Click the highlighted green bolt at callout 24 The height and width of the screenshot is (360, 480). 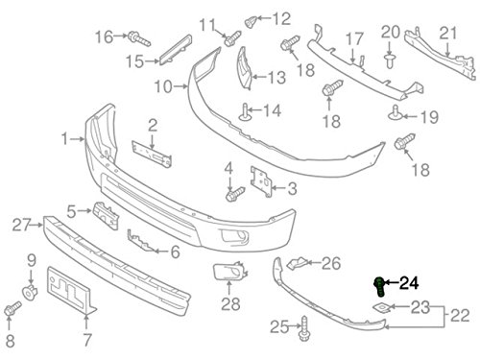click(379, 287)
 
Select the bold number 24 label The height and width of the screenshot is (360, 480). click(409, 283)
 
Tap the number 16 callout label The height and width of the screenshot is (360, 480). click(104, 36)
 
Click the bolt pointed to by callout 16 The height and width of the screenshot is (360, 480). click(139, 38)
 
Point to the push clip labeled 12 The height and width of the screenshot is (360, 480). click(250, 21)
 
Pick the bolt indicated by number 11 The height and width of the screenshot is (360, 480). click(232, 38)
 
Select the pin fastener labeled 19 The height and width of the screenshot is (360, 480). click(396, 112)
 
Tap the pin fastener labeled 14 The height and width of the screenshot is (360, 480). click(245, 113)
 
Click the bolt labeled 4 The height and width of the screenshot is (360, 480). click(234, 194)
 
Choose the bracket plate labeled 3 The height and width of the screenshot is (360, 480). click(261, 181)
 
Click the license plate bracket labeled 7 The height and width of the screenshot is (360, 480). click(72, 290)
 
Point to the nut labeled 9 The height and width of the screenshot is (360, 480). click(30, 292)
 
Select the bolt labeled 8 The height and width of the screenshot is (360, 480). click(12, 308)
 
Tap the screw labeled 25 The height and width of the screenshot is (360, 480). click(304, 329)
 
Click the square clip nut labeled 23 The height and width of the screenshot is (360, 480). click(381, 308)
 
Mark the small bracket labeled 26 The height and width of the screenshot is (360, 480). click(297, 262)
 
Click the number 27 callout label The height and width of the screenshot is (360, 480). click(22, 225)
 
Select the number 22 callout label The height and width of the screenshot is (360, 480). click(460, 316)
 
